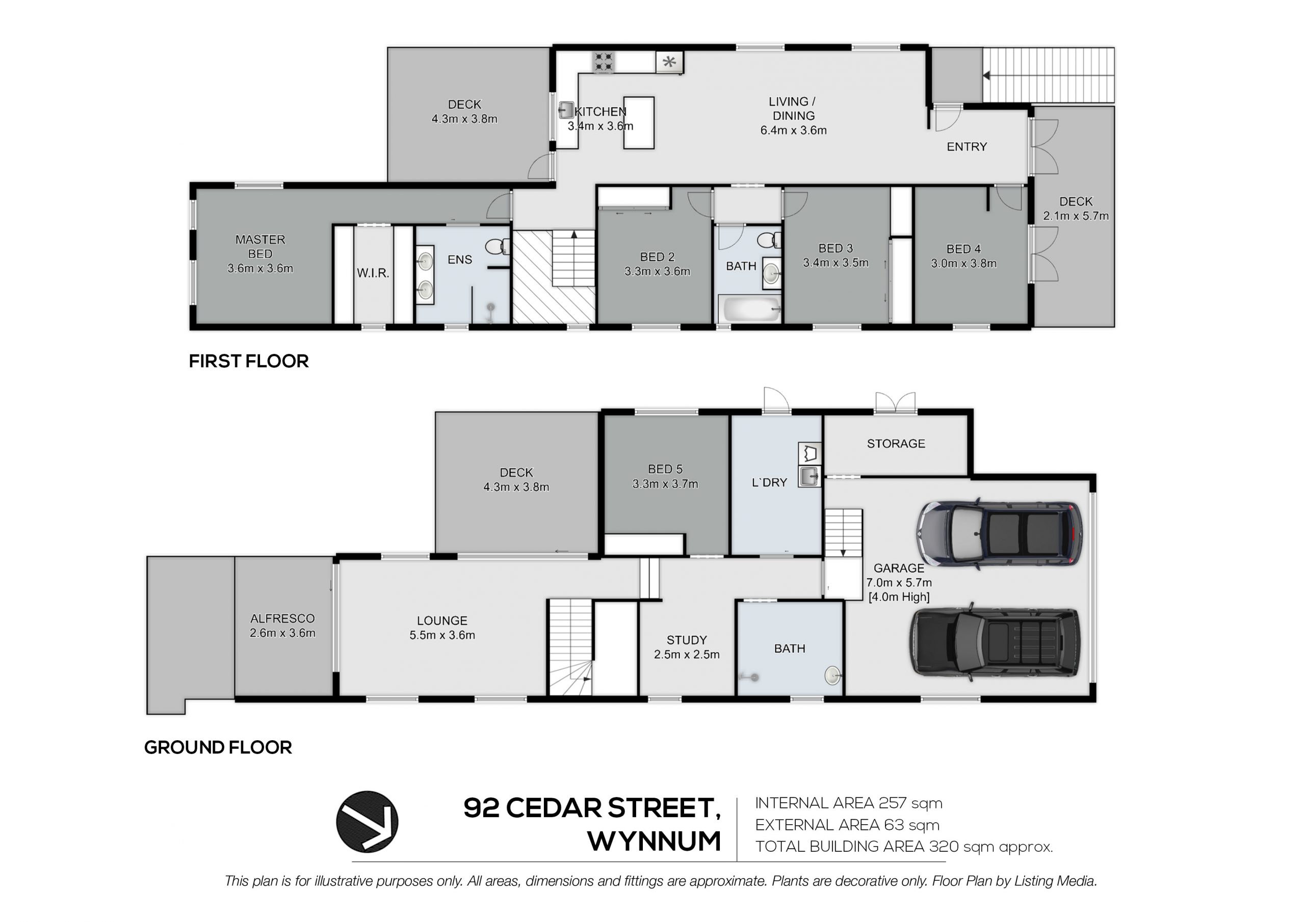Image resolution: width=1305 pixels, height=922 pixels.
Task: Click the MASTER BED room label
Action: click(260, 247)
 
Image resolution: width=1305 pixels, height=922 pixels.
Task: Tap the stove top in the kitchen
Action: click(604, 62)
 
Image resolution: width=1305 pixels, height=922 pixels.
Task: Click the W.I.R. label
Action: click(373, 273)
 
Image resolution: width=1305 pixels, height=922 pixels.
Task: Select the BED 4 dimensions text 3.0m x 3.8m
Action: click(963, 263)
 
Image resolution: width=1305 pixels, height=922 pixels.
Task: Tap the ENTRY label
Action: click(967, 147)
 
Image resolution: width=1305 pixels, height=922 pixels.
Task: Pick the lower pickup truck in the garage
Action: click(995, 642)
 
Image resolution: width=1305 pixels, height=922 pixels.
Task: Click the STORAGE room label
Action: click(896, 444)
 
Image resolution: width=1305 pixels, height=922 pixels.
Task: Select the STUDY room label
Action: click(687, 640)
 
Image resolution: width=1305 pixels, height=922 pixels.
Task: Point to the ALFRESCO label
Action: click(282, 618)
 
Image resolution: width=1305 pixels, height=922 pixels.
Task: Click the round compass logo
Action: click(367, 822)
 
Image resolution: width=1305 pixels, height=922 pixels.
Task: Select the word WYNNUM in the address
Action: click(654, 842)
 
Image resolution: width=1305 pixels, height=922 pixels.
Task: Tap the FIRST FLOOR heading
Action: click(248, 361)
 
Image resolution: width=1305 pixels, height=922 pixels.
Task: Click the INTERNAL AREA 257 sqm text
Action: click(849, 803)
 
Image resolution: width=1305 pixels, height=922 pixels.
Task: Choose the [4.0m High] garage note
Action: click(899, 597)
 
